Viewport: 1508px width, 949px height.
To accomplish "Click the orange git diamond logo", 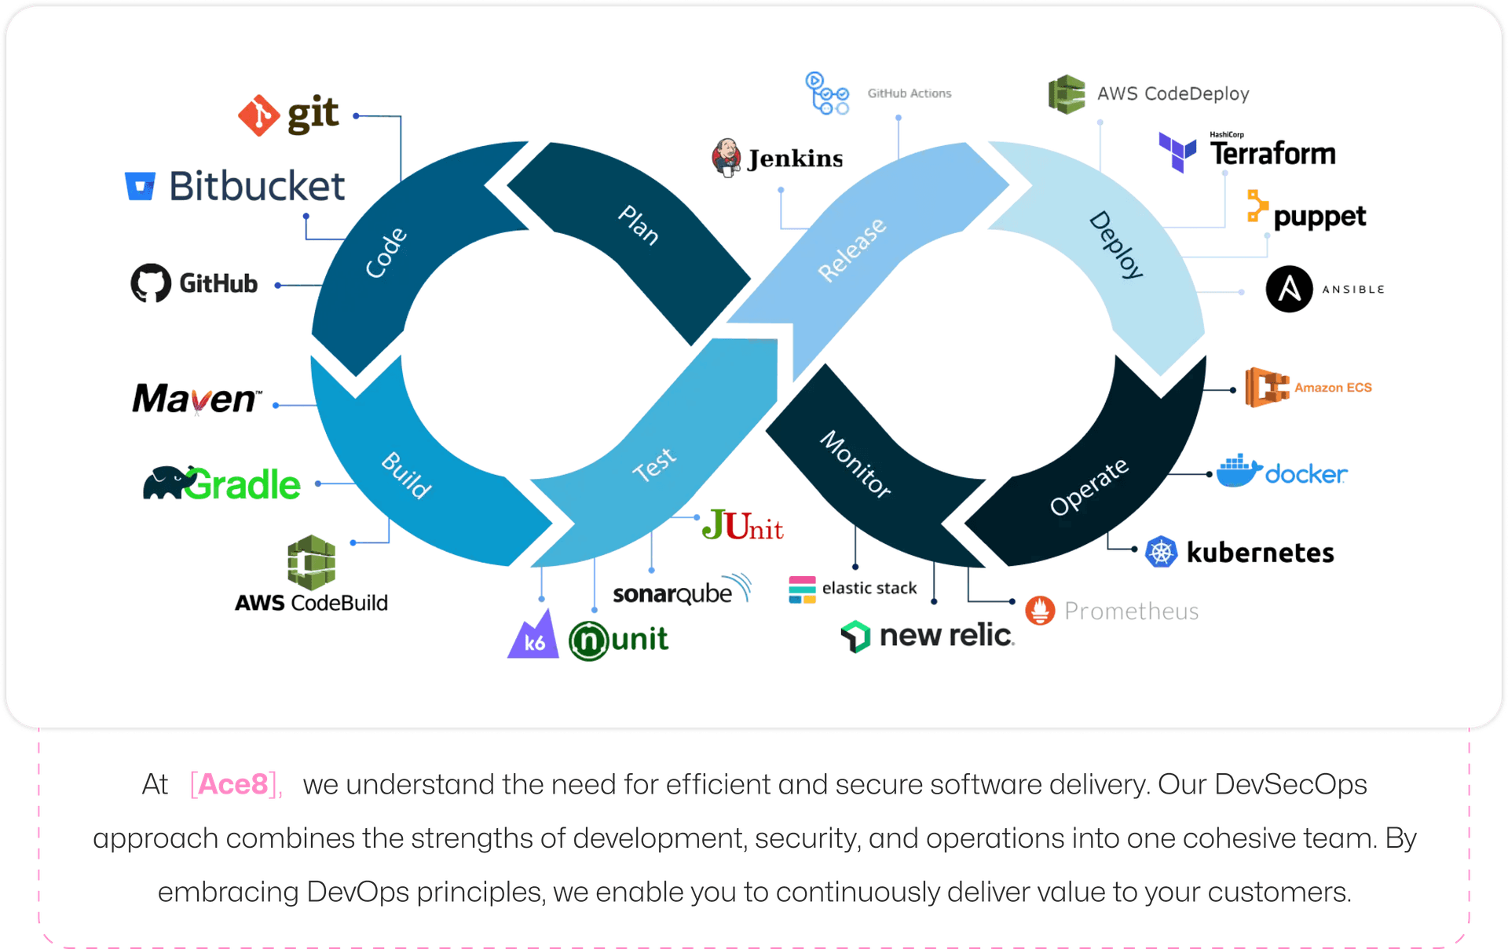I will (258, 115).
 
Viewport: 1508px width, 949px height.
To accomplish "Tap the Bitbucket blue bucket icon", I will (141, 186).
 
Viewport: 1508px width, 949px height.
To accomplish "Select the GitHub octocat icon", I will (151, 283).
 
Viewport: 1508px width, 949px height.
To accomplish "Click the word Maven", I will (196, 399).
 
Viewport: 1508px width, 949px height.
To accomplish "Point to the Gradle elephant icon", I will (166, 482).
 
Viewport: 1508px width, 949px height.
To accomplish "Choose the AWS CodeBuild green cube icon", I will (311, 562).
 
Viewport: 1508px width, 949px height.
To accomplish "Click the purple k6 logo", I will (533, 635).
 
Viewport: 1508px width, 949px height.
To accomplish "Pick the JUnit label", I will (742, 525).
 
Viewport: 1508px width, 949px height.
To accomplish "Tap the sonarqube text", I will (672, 593).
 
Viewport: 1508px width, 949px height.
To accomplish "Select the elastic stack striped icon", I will (802, 589).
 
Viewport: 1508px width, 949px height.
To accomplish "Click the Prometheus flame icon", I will (1040, 610).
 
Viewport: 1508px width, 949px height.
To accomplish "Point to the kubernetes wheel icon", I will (1161, 552).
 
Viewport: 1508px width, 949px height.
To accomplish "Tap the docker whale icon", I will (1239, 471).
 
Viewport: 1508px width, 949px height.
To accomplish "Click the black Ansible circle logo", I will (1289, 289).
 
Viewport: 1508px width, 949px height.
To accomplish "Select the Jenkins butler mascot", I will (727, 158).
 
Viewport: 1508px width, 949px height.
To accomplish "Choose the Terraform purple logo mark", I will (1177, 151).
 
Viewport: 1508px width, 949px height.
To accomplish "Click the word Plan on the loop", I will (639, 224).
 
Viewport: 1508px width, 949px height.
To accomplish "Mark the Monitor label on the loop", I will (856, 464).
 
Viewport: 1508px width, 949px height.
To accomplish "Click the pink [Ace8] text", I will (236, 784).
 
